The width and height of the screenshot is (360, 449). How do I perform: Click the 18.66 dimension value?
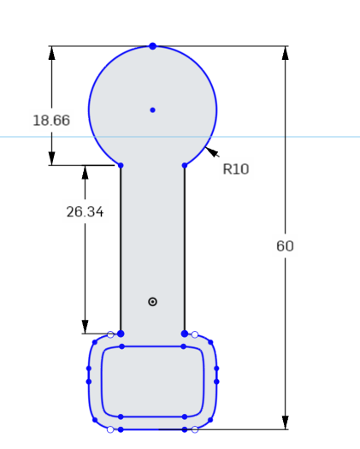click(x=51, y=121)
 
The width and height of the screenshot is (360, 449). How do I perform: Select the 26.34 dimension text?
click(x=85, y=211)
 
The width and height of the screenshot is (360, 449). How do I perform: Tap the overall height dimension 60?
click(x=285, y=246)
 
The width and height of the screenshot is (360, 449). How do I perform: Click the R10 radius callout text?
click(x=235, y=169)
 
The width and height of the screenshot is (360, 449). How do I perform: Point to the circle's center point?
click(x=152, y=109)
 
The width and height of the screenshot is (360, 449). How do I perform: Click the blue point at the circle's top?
click(x=152, y=45)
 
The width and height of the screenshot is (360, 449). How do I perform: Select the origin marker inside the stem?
click(x=152, y=301)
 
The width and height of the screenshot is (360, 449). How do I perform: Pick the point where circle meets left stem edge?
click(x=121, y=165)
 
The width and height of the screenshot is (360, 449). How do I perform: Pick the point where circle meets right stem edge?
click(x=185, y=165)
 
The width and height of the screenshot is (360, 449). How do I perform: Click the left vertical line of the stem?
click(x=121, y=248)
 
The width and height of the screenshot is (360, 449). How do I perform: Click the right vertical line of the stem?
click(x=185, y=248)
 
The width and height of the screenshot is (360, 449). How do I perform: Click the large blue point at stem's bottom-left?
click(x=121, y=334)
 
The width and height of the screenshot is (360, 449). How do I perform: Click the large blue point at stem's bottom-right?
click(x=185, y=334)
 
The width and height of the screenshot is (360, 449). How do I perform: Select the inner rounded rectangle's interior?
click(x=152, y=381)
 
